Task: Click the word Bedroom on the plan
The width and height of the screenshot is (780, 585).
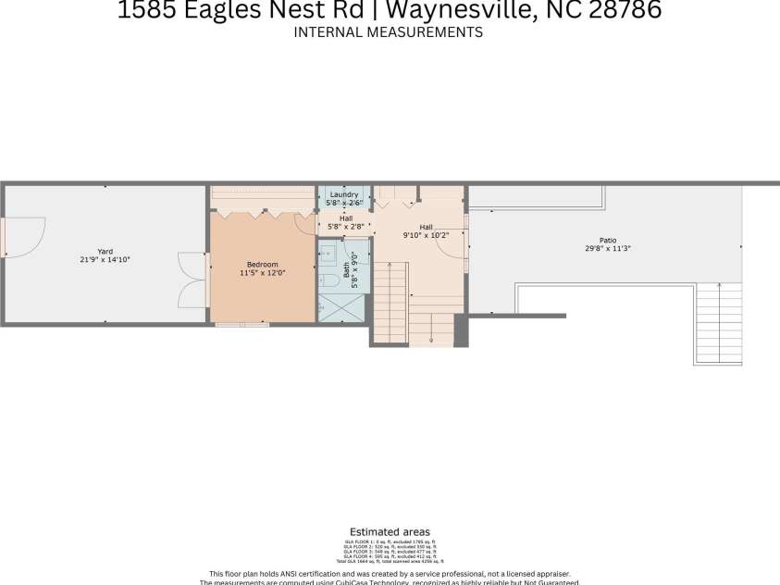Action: pyautogui.click(x=262, y=265)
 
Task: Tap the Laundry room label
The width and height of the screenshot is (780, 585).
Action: pyautogui.click(x=344, y=194)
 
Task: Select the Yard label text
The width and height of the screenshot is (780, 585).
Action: pyautogui.click(x=105, y=251)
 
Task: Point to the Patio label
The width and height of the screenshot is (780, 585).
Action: pyautogui.click(x=607, y=240)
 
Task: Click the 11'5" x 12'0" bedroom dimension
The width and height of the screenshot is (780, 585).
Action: pyautogui.click(x=262, y=274)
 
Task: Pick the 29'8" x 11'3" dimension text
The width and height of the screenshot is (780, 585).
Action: pyautogui.click(x=607, y=249)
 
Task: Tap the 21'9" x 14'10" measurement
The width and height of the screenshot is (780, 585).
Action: pyautogui.click(x=105, y=260)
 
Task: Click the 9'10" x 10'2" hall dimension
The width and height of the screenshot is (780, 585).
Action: pyautogui.click(x=426, y=235)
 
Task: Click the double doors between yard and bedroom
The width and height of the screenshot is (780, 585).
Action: pyautogui.click(x=192, y=279)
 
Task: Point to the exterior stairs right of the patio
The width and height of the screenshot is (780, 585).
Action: pyautogui.click(x=719, y=323)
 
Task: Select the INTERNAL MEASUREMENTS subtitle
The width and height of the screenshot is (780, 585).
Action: pyautogui.click(x=389, y=32)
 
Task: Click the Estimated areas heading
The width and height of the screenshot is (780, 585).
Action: pyautogui.click(x=390, y=532)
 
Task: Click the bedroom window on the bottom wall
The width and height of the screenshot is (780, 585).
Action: pyautogui.click(x=242, y=324)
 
